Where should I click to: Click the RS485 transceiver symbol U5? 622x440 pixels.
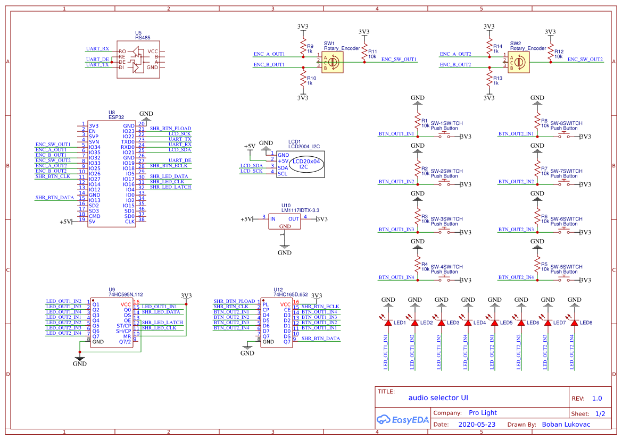138,60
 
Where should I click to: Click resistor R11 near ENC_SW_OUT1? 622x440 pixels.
364,53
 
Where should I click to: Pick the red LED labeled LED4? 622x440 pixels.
468,323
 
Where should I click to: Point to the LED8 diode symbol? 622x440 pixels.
574,323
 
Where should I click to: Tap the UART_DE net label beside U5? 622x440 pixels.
97,60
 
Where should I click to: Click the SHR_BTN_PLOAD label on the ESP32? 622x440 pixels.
170,129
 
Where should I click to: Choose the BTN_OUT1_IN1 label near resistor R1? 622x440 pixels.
396,134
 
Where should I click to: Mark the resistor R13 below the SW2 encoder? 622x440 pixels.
490,80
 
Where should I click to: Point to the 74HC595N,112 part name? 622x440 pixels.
126,294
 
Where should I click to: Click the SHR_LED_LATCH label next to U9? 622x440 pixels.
162,323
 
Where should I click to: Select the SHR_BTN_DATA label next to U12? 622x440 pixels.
320,339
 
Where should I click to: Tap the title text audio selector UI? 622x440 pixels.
438,397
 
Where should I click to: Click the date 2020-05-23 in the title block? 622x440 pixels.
476,425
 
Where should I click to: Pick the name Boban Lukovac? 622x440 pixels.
566,425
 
